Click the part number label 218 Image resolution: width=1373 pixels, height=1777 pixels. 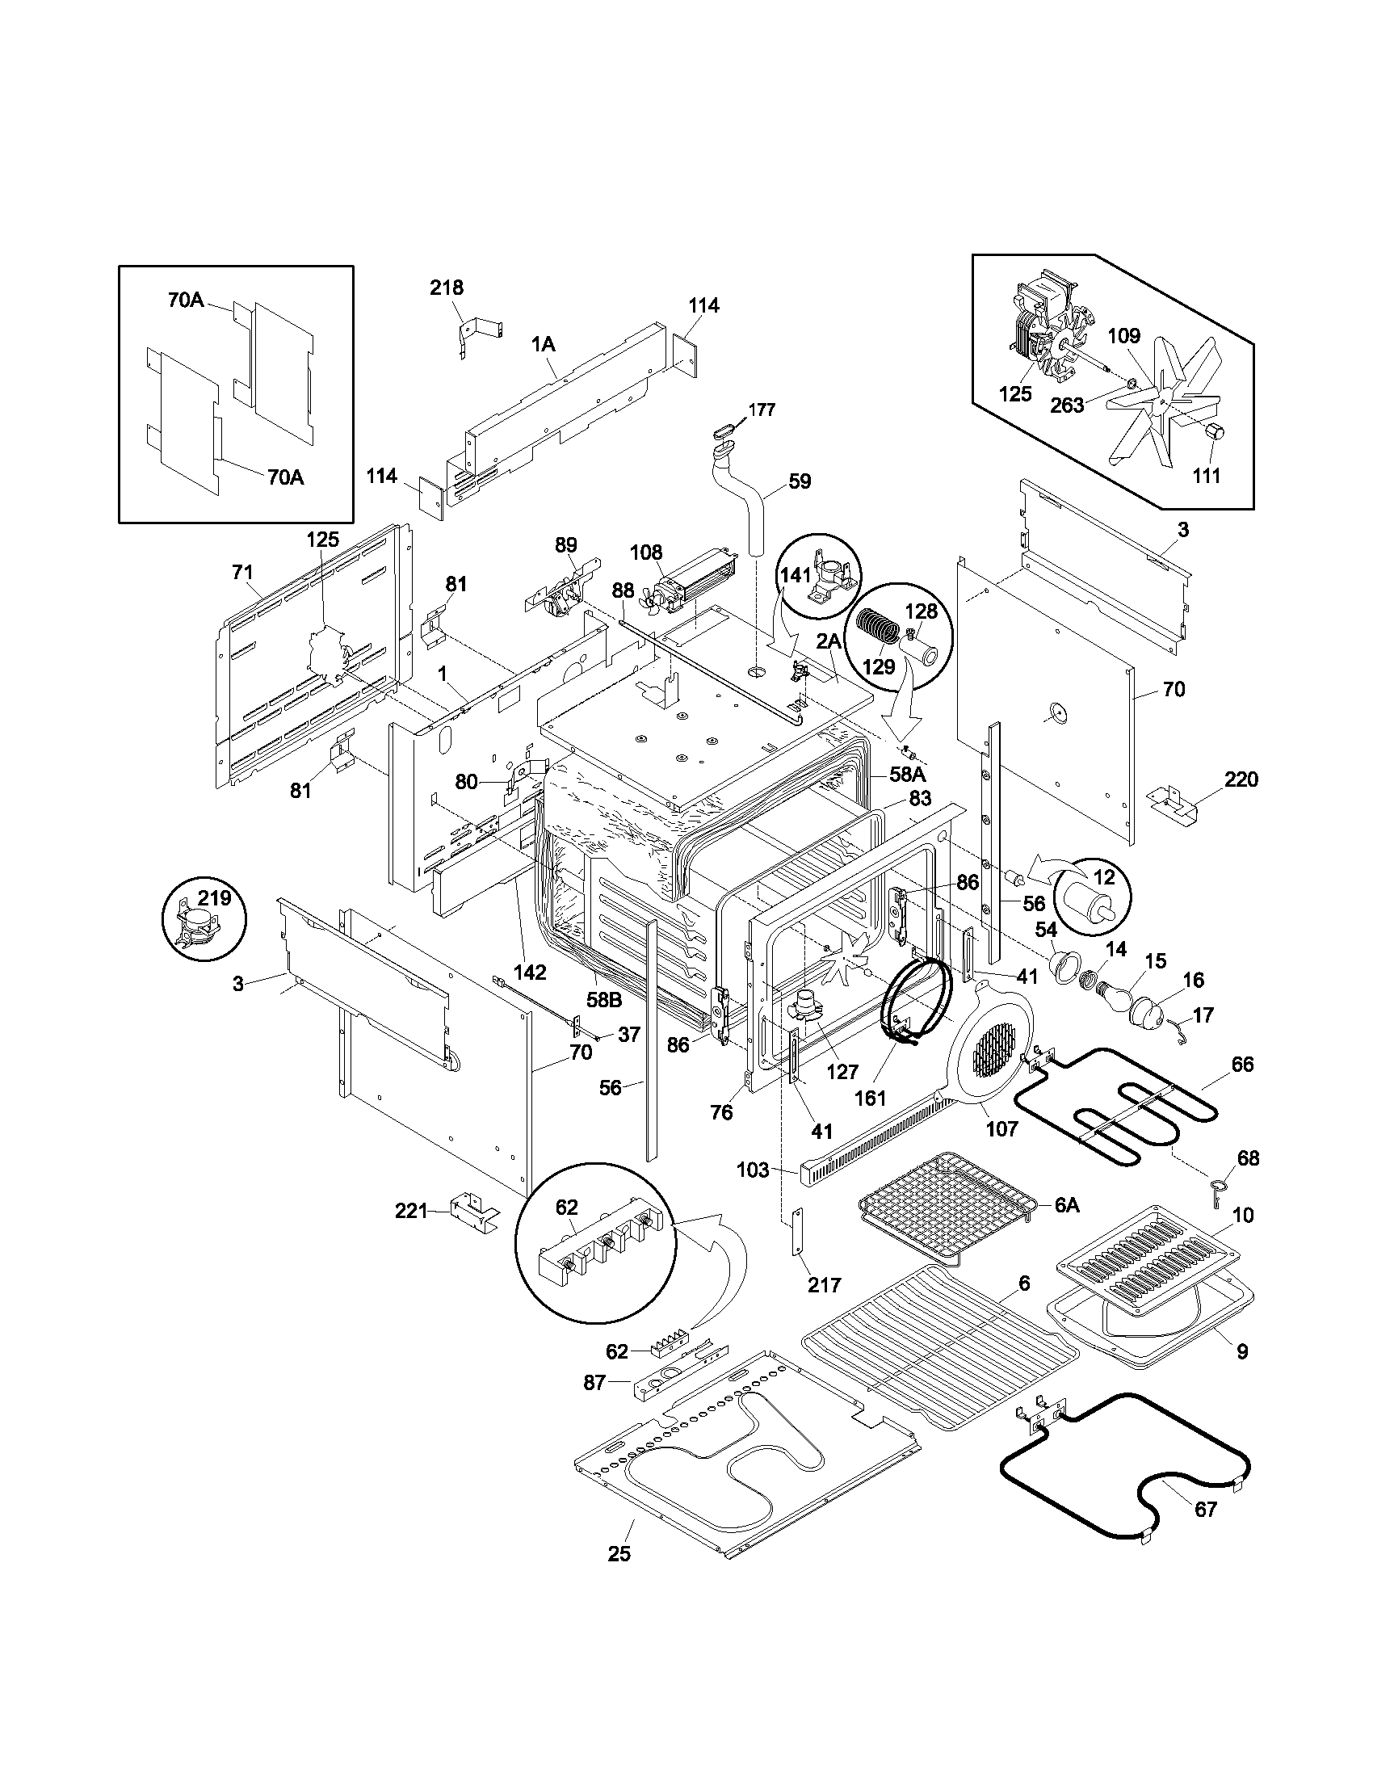tap(447, 288)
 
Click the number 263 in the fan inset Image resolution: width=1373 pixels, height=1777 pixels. tap(1066, 405)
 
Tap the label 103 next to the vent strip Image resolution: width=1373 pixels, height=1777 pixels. tap(754, 1170)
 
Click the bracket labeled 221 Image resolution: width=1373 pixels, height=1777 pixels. tap(475, 1212)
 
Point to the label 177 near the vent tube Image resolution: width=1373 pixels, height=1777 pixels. tap(762, 410)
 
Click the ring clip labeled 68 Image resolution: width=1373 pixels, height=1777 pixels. tap(1219, 1191)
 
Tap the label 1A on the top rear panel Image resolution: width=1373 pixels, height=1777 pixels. tap(544, 344)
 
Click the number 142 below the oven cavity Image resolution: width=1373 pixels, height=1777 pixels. tap(530, 972)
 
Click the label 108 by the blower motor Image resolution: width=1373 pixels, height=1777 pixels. tap(646, 553)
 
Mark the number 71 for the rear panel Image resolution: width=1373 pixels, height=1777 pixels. tap(242, 573)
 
